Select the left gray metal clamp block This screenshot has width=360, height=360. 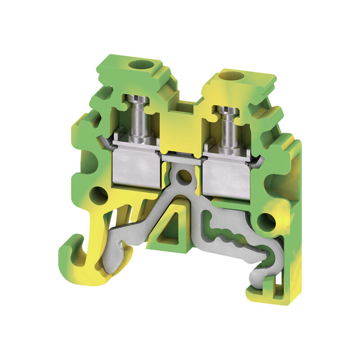coord(135,169)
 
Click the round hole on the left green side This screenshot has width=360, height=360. coord(99,196)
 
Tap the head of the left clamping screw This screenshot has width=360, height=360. coord(134,99)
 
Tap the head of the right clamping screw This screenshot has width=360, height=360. coord(227,111)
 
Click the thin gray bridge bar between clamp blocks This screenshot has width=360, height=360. coord(181,156)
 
